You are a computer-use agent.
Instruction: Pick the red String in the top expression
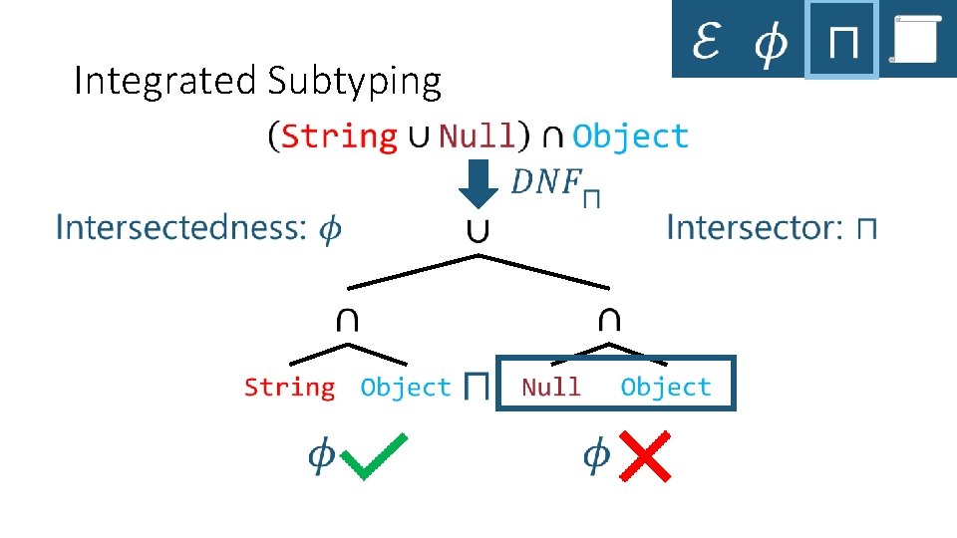click(339, 135)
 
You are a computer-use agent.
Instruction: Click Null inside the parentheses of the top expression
click(477, 135)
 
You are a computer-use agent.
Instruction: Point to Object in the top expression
click(630, 135)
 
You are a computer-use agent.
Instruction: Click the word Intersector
click(754, 227)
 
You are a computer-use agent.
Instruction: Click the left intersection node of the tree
click(347, 319)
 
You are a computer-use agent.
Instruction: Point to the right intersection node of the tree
click(609, 319)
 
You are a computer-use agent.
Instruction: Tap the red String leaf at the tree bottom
click(289, 387)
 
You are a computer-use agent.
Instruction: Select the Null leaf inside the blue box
click(550, 387)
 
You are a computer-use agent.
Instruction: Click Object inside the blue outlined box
click(665, 387)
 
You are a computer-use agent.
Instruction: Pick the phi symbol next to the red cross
click(595, 455)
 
